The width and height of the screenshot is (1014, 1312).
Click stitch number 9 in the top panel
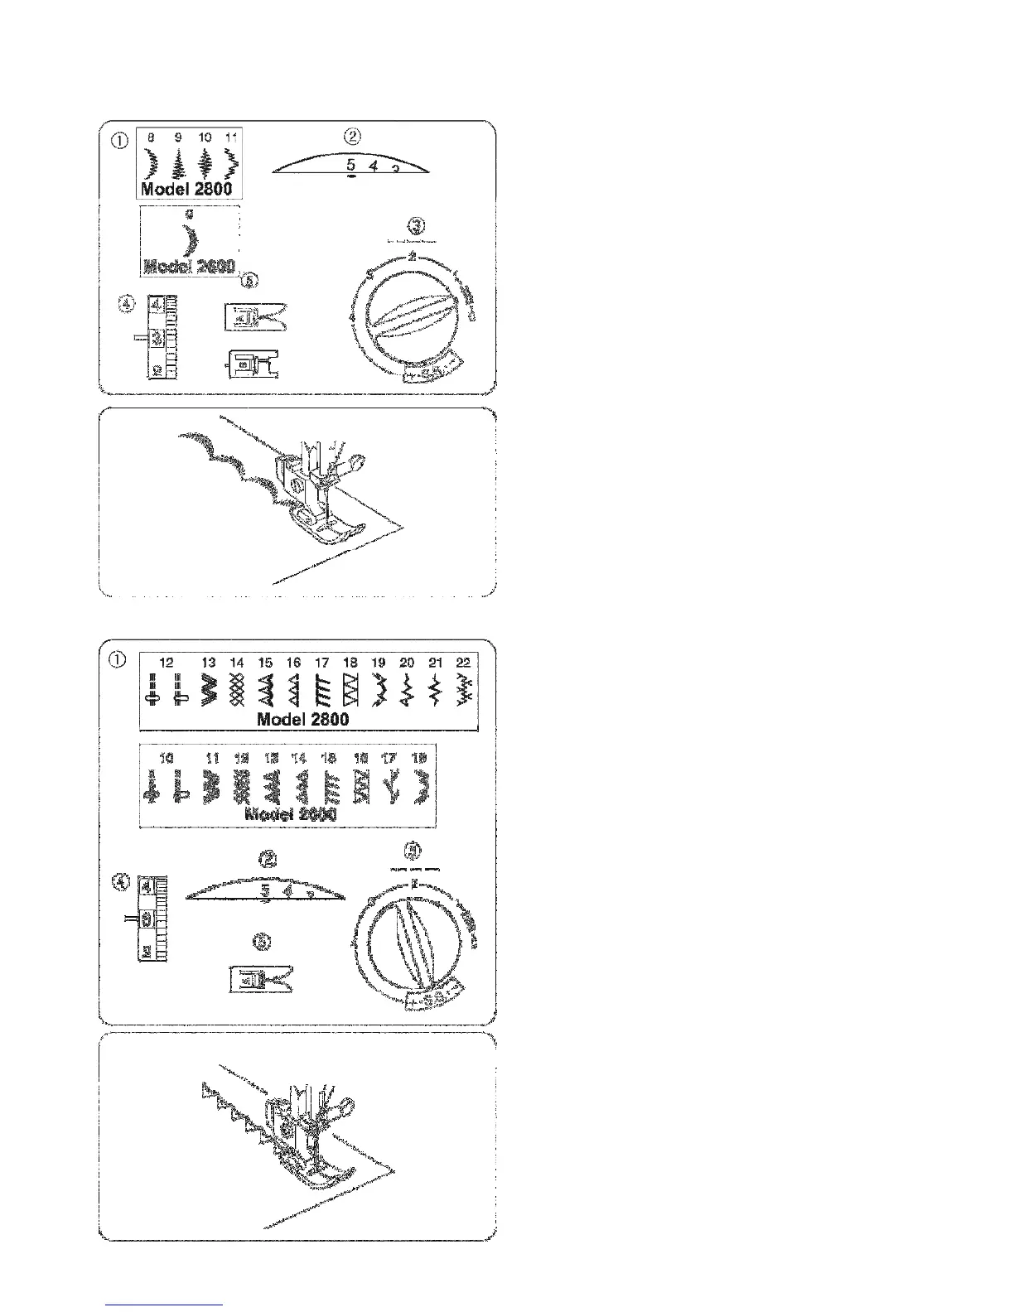pos(176,137)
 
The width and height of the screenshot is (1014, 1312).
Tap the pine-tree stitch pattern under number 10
pos(205,164)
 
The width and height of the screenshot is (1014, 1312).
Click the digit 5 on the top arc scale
pos(351,165)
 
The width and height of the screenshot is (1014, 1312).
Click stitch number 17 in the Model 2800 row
pos(321,663)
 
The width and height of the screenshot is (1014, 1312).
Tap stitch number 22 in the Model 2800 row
pos(462,663)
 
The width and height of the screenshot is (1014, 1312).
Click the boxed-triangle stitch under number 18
pos(350,689)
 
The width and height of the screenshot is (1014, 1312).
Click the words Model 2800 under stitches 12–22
pos(303,719)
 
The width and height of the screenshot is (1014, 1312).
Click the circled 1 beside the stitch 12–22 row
pos(118,659)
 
